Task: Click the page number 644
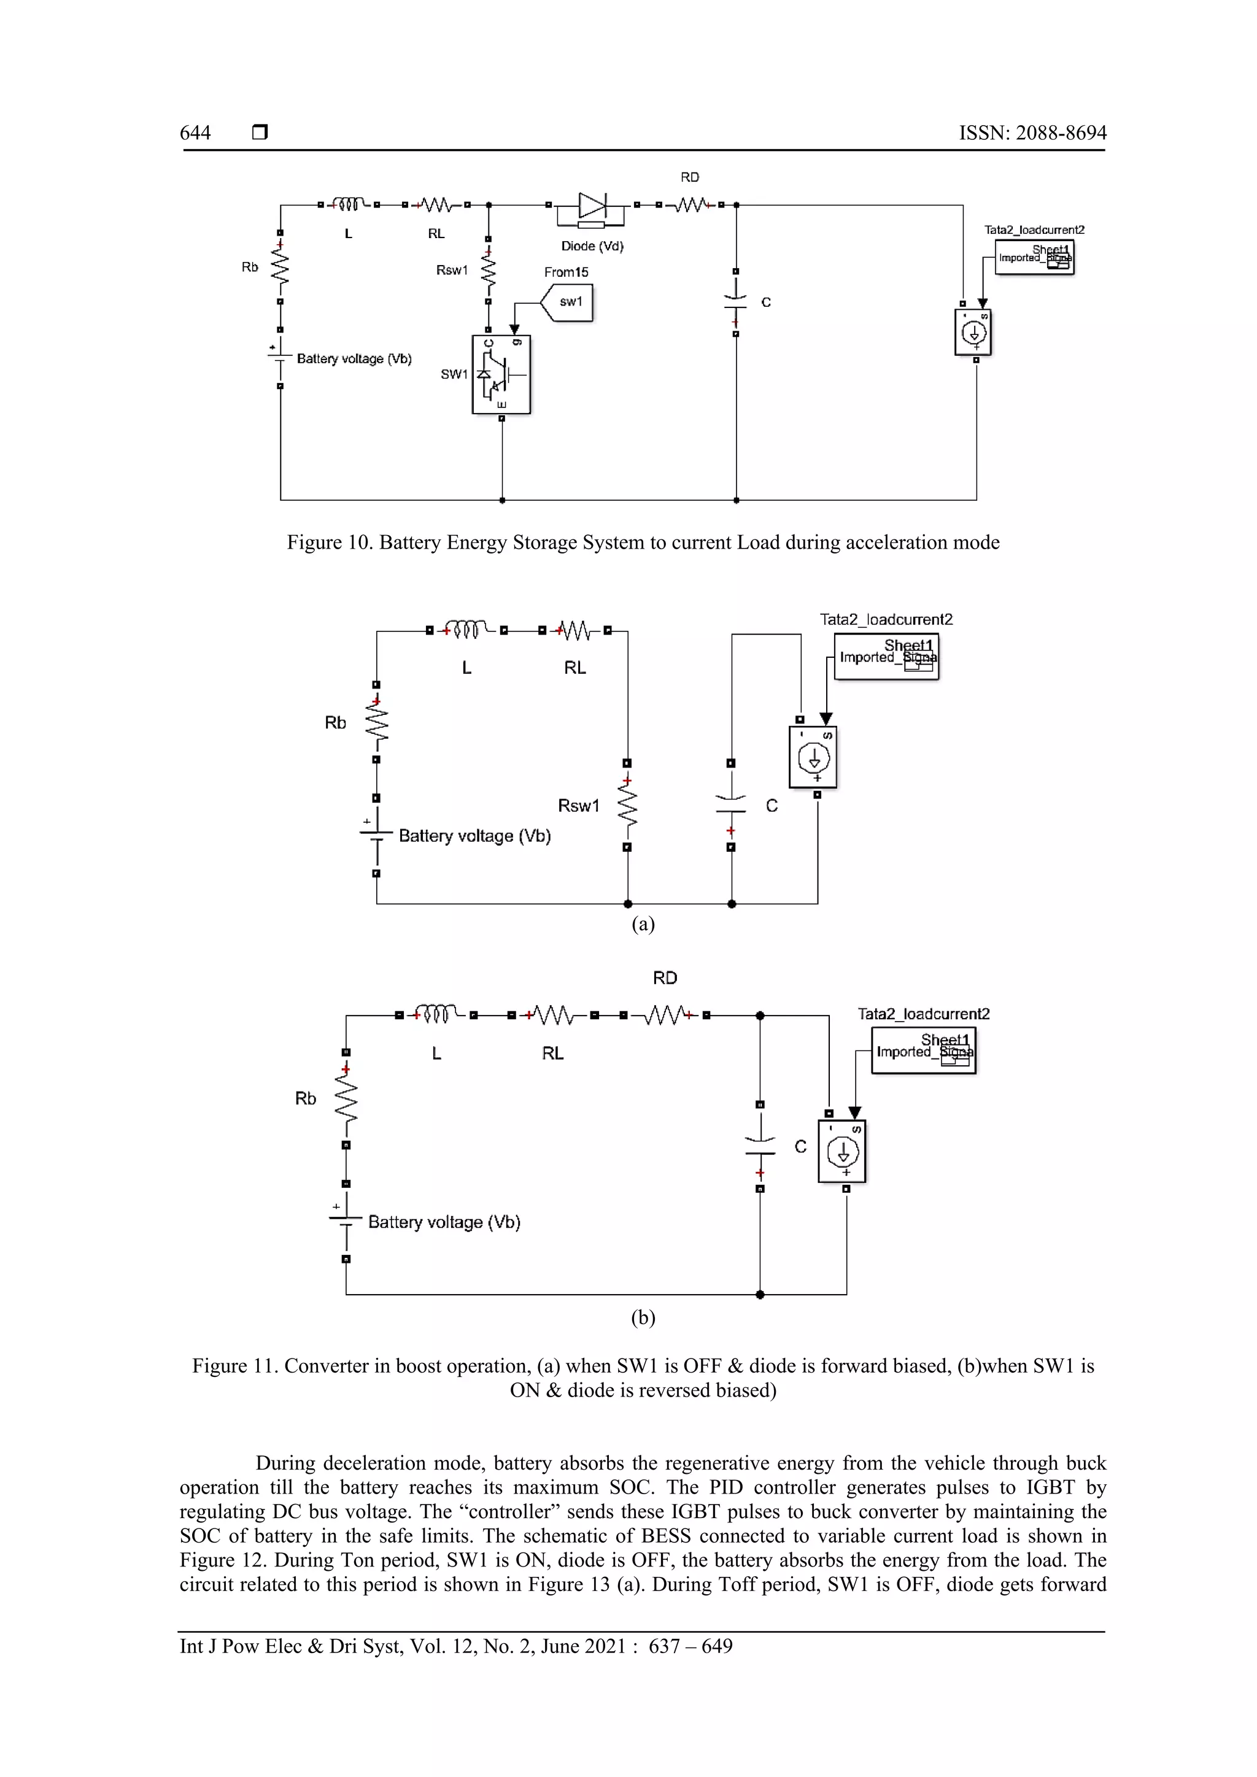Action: coord(195,133)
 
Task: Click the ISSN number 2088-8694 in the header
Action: coord(1061,133)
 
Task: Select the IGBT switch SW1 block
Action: coord(501,374)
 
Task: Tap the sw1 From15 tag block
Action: coord(568,302)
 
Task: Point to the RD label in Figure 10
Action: coord(690,177)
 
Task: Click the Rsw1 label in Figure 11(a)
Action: coord(578,806)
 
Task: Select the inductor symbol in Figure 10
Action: coord(348,204)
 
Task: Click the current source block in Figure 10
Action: coord(973,333)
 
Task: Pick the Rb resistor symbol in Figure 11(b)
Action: coord(346,1098)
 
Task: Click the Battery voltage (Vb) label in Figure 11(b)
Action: coord(444,1222)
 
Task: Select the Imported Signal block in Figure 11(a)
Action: coord(886,657)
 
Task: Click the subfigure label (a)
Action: coord(643,924)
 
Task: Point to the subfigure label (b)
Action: coord(643,1317)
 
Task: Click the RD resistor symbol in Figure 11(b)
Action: coord(665,1015)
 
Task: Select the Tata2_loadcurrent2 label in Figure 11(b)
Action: coord(923,1014)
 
